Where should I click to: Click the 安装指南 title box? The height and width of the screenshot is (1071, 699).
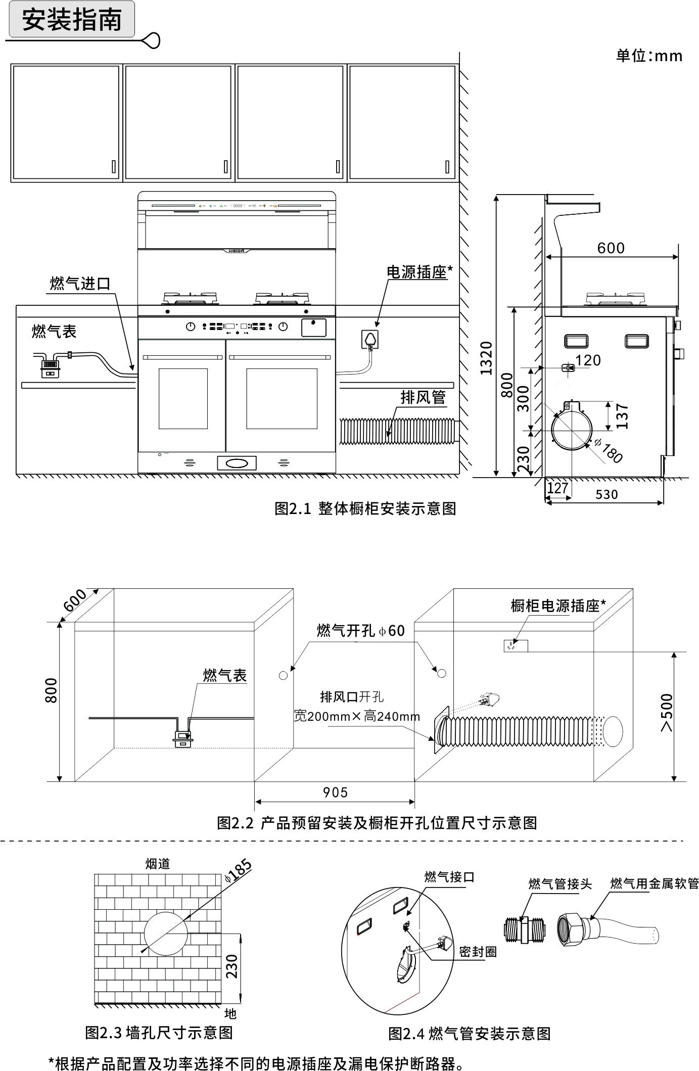72,20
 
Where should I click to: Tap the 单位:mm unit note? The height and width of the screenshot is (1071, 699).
649,56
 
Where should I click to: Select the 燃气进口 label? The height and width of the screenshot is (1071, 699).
80,284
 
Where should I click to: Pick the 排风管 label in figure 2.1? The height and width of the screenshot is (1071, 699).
423,397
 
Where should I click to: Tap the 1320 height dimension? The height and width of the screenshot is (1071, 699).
486,358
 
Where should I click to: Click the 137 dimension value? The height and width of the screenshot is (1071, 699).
623,416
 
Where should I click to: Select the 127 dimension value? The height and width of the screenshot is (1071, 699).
557,488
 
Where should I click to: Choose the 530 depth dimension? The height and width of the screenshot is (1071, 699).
607,494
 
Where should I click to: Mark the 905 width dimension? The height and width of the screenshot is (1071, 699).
336,793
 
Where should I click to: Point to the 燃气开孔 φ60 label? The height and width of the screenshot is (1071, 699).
360,630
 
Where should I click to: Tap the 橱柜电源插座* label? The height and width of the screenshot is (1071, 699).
558,606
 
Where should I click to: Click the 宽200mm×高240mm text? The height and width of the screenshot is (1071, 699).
357,716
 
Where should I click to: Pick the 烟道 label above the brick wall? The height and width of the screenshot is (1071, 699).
158,864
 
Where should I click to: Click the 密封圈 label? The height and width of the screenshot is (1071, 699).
478,952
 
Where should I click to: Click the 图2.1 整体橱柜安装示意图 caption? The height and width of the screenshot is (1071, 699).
365,508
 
